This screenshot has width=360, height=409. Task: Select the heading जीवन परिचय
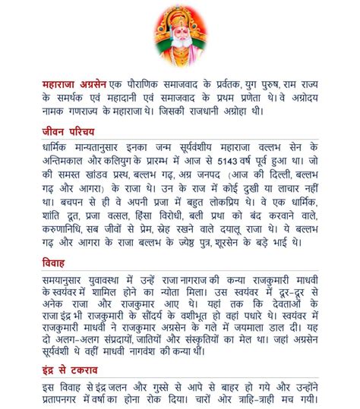[x=67, y=131]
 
